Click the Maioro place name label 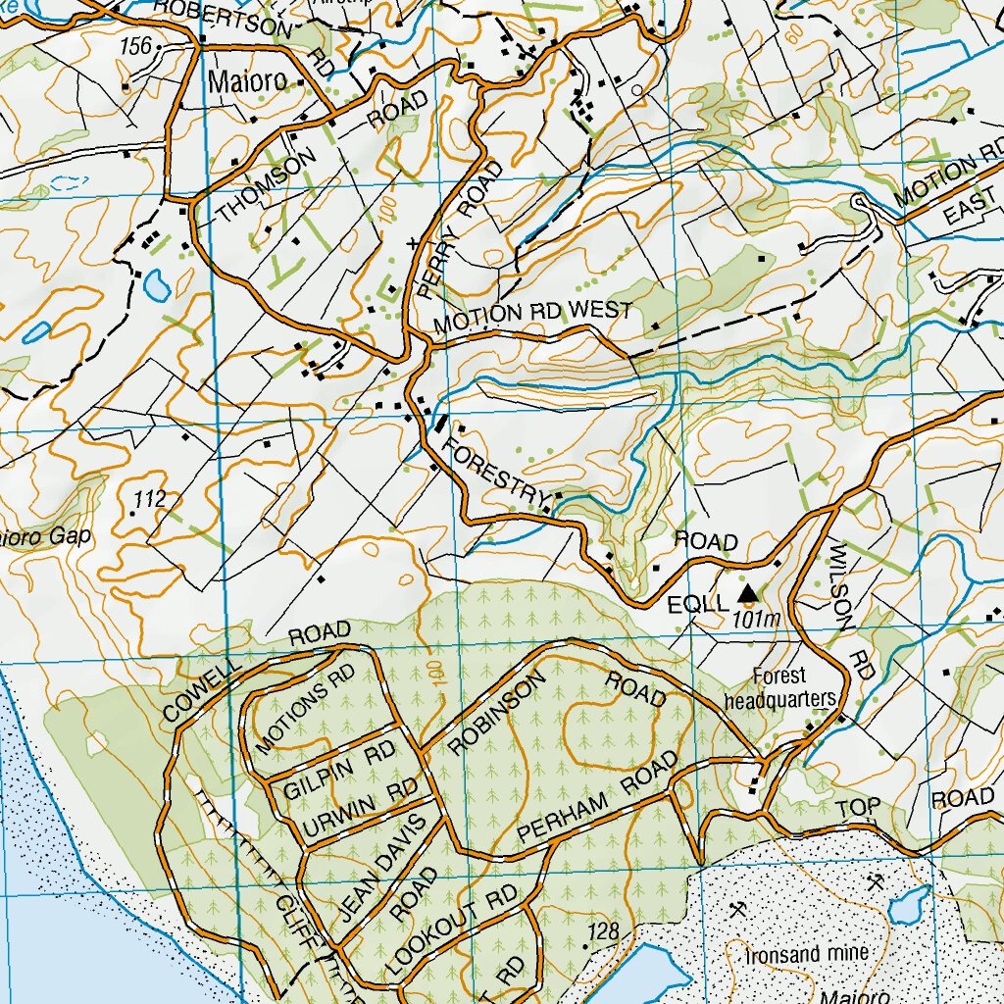[247, 81]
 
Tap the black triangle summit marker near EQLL [748, 592]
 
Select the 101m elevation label [755, 620]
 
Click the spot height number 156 [137, 46]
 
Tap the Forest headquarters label [779, 687]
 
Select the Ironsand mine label [806, 954]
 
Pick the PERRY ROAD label [459, 228]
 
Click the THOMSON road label [268, 185]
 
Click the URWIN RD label [359, 810]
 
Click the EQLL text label [697, 602]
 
